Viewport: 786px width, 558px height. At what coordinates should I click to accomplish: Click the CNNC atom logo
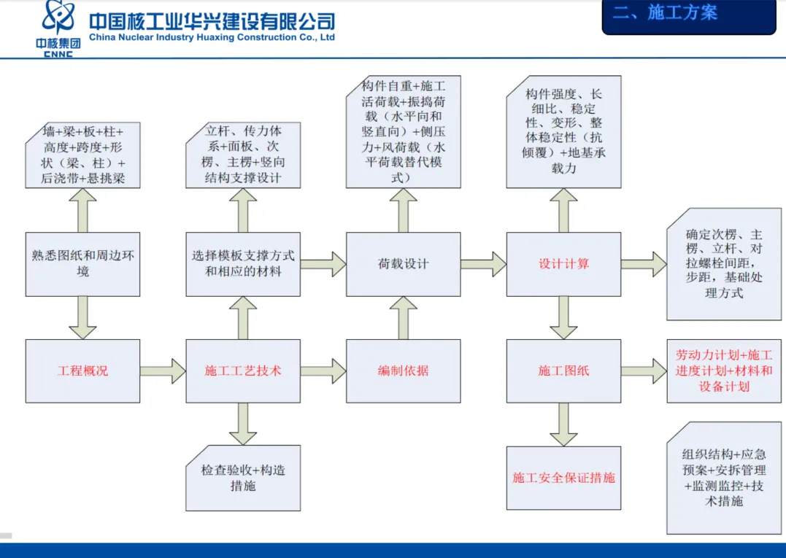click(x=59, y=18)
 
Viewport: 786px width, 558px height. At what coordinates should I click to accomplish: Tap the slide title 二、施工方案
click(x=665, y=12)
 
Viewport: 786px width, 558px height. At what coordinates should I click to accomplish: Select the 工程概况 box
click(x=82, y=371)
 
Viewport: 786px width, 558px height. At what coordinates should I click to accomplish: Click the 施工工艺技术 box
click(x=243, y=371)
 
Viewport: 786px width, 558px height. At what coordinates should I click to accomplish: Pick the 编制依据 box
click(x=403, y=371)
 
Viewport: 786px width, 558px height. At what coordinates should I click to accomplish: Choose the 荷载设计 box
click(x=403, y=264)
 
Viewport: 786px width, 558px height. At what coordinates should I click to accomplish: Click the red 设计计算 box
click(x=563, y=264)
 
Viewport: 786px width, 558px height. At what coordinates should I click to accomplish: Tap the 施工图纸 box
click(x=563, y=371)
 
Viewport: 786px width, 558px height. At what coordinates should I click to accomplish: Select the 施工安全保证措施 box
click(x=563, y=478)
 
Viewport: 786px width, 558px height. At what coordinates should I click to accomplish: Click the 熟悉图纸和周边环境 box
click(x=82, y=264)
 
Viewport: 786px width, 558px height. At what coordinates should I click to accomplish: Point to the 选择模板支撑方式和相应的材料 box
click(x=243, y=264)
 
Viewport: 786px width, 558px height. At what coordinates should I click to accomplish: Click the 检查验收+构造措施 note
click(x=243, y=478)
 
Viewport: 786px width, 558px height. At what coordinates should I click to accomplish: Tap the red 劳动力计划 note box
click(x=724, y=371)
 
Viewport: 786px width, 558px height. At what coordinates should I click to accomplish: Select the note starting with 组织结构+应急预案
click(x=724, y=478)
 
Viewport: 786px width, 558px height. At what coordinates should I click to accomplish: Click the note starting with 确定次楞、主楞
click(x=724, y=264)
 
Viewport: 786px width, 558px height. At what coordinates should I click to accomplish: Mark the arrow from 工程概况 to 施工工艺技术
click(x=163, y=371)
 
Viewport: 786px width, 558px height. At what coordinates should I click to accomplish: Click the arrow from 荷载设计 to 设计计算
click(x=483, y=264)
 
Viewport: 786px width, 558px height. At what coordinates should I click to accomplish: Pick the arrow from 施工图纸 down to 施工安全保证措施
click(x=563, y=425)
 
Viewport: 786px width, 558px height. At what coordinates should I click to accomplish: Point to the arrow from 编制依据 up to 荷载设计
click(x=403, y=317)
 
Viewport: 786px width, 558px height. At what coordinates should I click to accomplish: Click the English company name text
click(x=212, y=37)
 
